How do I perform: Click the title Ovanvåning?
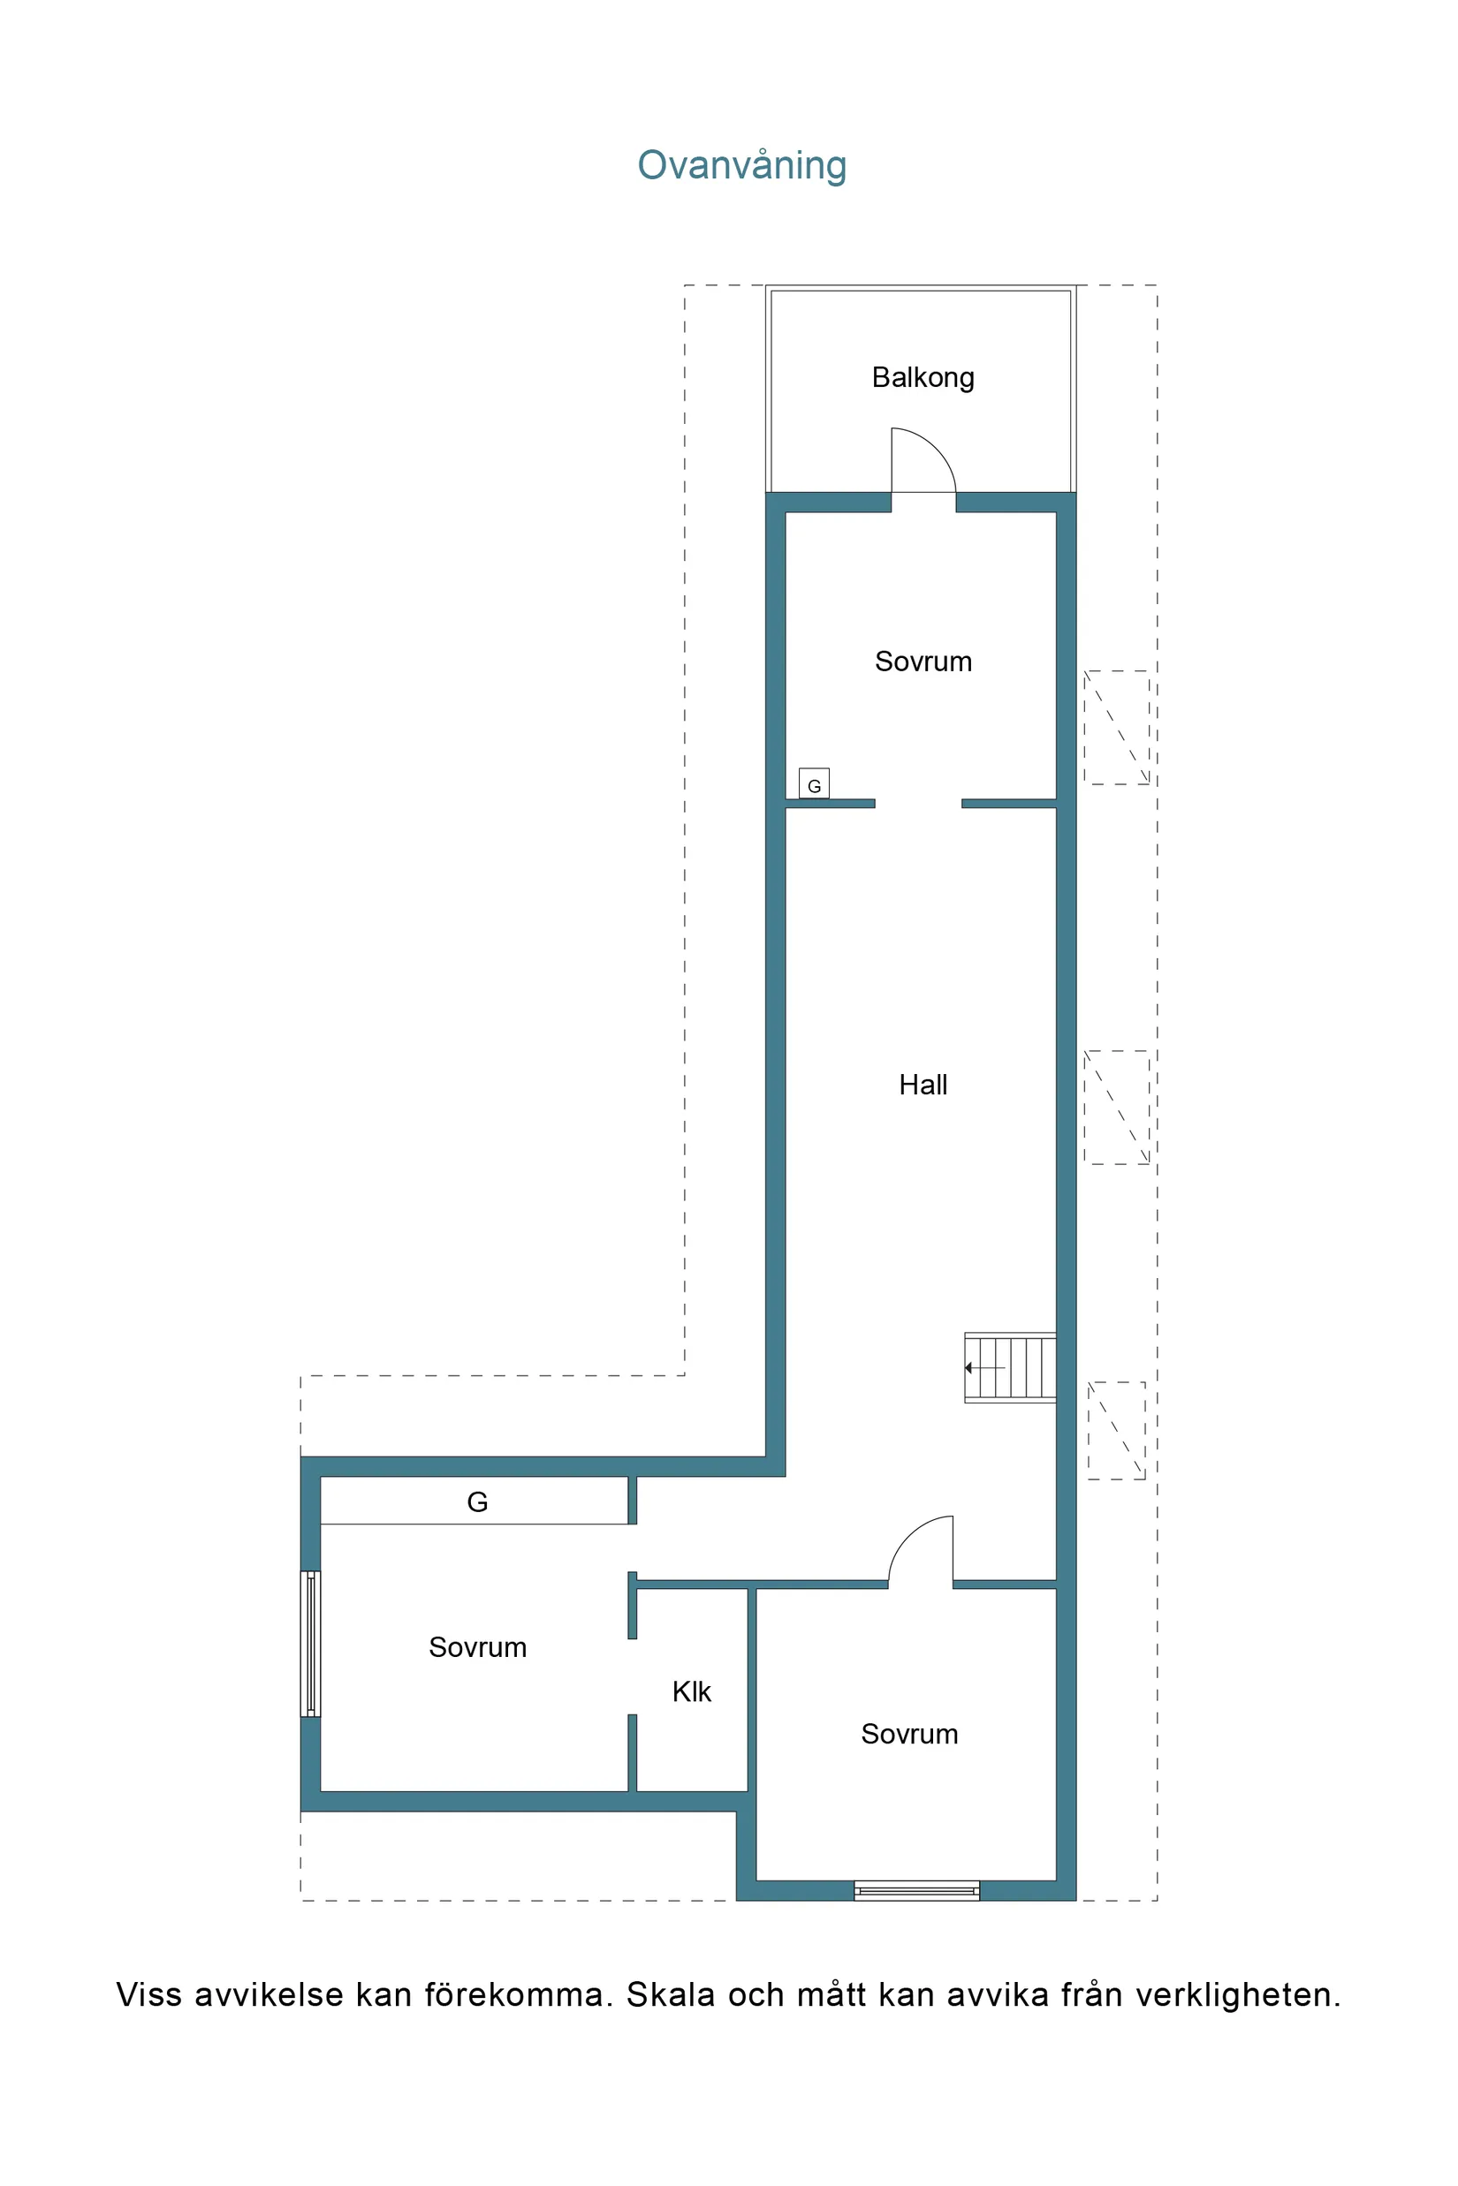click(741, 165)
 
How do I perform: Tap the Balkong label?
click(923, 377)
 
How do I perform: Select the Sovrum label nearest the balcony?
click(923, 662)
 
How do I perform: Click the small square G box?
click(814, 783)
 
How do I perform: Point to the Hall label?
click(923, 1085)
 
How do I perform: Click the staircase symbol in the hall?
click(1010, 1367)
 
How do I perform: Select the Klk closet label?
click(691, 1691)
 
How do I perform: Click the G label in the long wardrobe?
click(477, 1502)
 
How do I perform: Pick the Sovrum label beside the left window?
click(477, 1647)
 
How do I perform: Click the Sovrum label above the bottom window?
click(908, 1734)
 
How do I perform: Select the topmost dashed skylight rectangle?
click(1116, 728)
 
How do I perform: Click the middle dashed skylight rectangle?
click(1116, 1107)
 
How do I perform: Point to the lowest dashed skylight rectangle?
click(1116, 1430)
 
